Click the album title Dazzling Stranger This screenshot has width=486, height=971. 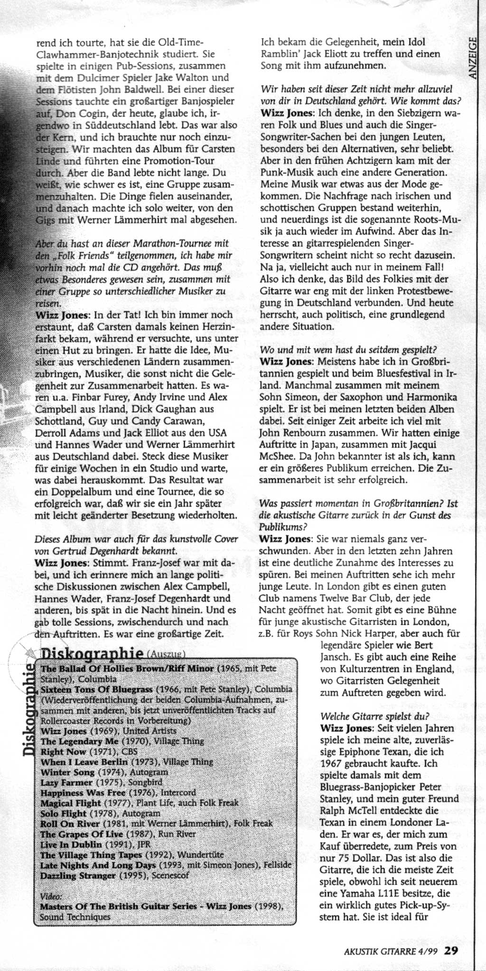click(x=78, y=875)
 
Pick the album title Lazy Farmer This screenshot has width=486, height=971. click(x=66, y=782)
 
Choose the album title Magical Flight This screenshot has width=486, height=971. click(x=71, y=803)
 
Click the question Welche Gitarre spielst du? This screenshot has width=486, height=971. click(x=374, y=716)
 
